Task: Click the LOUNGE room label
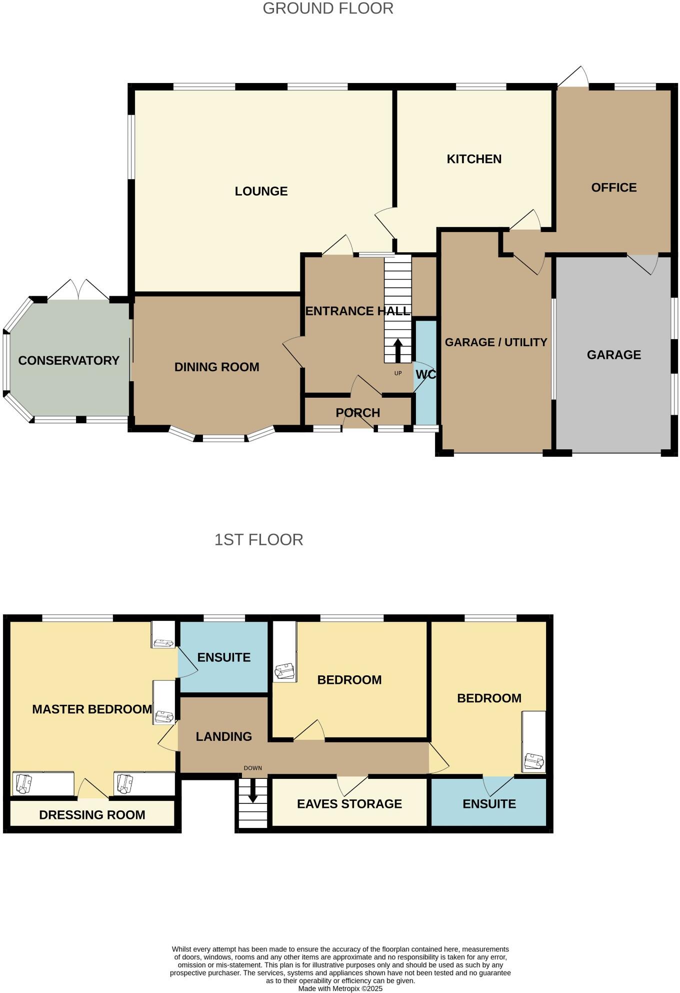pyautogui.click(x=261, y=191)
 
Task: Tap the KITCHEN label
pyautogui.click(x=474, y=159)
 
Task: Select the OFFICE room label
pyautogui.click(x=613, y=188)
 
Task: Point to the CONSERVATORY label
pyautogui.click(x=69, y=361)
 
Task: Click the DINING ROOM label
pyautogui.click(x=216, y=367)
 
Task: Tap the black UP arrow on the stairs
pyautogui.click(x=398, y=350)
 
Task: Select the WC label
pyautogui.click(x=425, y=375)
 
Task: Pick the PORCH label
pyautogui.click(x=358, y=413)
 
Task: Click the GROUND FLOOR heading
pyautogui.click(x=328, y=9)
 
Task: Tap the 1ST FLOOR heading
pyautogui.click(x=258, y=540)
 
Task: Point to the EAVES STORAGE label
pyautogui.click(x=349, y=804)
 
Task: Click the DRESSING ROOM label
pyautogui.click(x=92, y=815)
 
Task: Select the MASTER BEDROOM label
pyautogui.click(x=92, y=709)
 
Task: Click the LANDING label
pyautogui.click(x=223, y=736)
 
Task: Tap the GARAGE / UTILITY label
pyautogui.click(x=496, y=342)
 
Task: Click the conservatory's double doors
pyautogui.click(x=78, y=290)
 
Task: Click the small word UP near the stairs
pyautogui.click(x=398, y=373)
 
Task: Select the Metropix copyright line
pyautogui.click(x=340, y=988)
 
